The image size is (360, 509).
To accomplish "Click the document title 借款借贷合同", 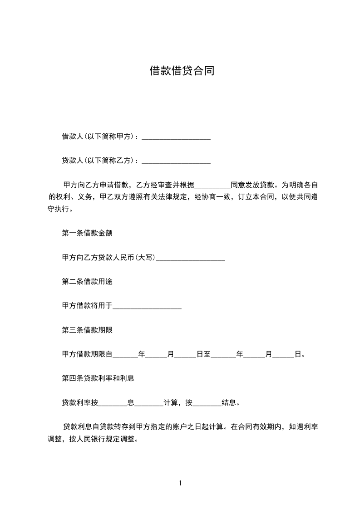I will tap(182, 71).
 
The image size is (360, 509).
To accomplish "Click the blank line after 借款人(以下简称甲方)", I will tap(176, 137).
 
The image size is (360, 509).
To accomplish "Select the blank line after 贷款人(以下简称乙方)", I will tap(176, 161).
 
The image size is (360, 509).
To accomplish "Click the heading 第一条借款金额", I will tap(87, 233).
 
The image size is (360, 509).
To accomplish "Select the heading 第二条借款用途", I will tap(87, 281).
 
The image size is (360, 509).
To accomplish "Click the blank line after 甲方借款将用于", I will tap(147, 306).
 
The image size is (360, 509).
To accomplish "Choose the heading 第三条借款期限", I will tap(87, 330).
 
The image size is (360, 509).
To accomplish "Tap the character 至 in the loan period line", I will tap(207, 354).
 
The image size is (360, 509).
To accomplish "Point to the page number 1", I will tap(180, 483).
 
